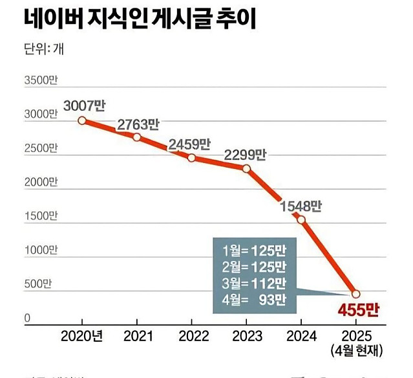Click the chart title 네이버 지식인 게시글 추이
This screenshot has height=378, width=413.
pyautogui.click(x=140, y=19)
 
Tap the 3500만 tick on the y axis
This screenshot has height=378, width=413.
pyautogui.click(x=41, y=81)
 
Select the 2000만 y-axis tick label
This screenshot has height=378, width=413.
pyautogui.click(x=41, y=182)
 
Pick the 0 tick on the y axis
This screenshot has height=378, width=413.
pyautogui.click(x=28, y=318)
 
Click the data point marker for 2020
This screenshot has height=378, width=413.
pyautogui.click(x=82, y=120)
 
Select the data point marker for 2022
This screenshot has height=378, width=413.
pyautogui.click(x=191, y=157)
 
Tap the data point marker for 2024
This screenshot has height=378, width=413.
pyautogui.click(x=301, y=219)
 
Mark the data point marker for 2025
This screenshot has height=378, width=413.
pyautogui.click(x=355, y=294)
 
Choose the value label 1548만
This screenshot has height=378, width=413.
pyautogui.click(x=301, y=206)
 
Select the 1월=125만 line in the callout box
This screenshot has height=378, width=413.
pyautogui.click(x=251, y=250)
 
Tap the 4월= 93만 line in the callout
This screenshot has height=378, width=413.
pyautogui.click(x=251, y=298)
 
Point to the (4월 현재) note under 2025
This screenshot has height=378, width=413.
pyautogui.click(x=356, y=351)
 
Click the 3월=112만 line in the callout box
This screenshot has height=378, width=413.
pyautogui.click(x=251, y=282)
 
